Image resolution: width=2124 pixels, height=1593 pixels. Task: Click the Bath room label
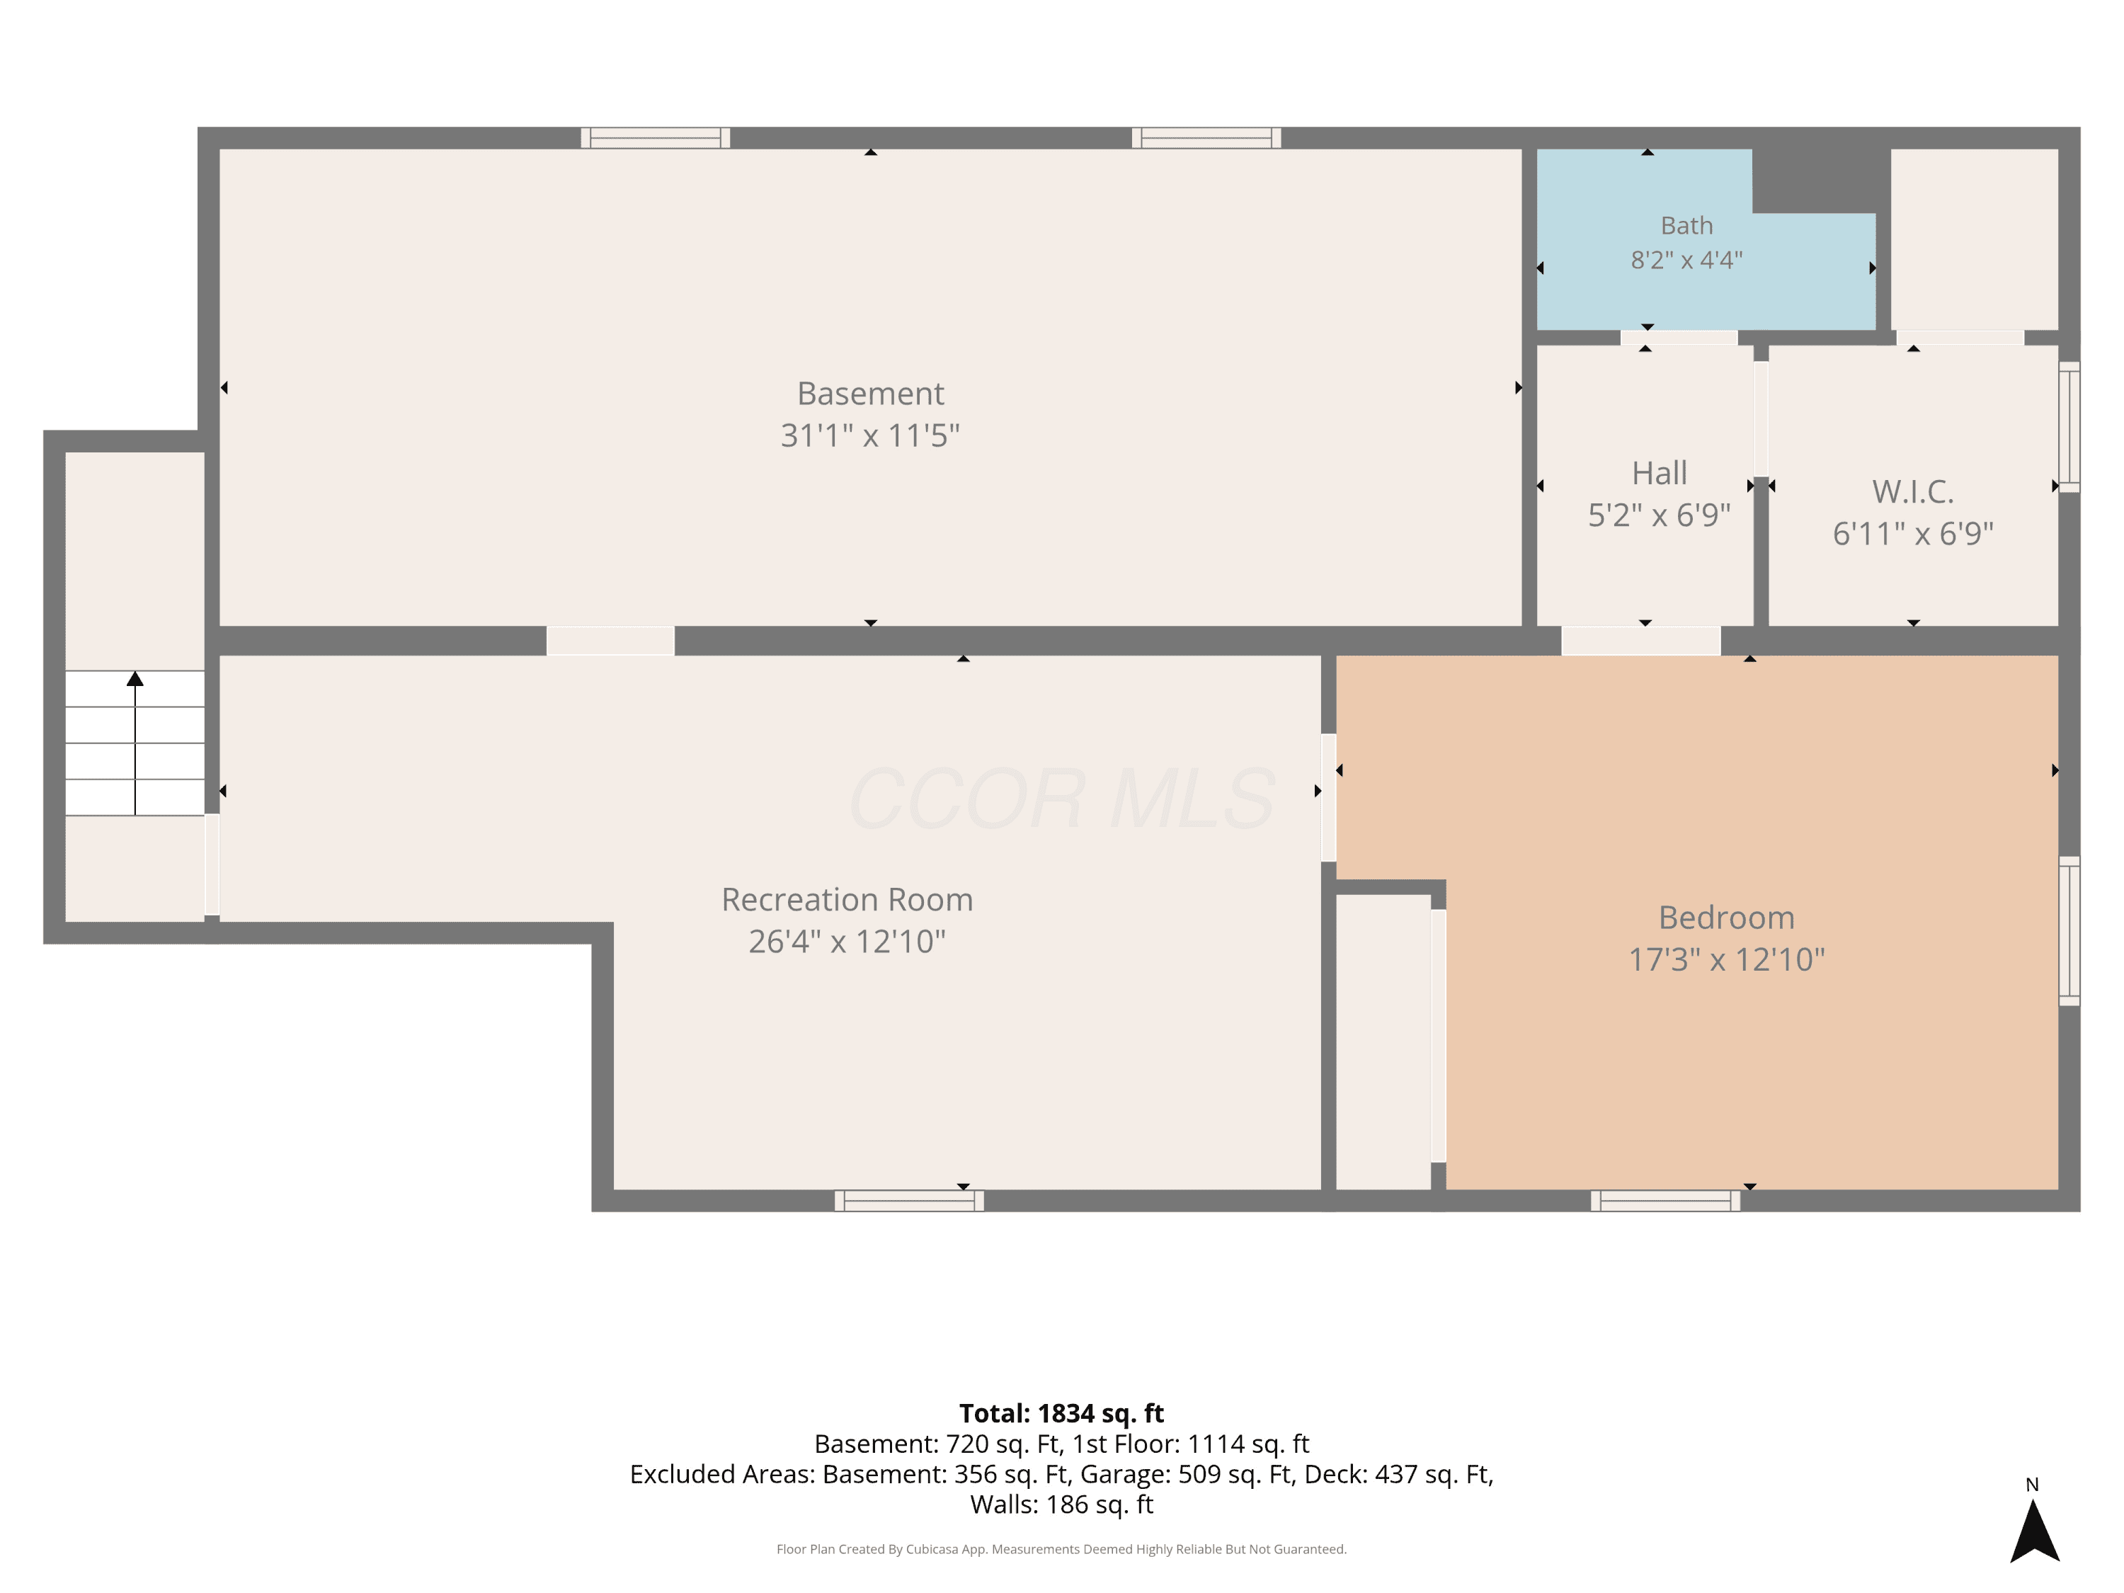[1686, 226]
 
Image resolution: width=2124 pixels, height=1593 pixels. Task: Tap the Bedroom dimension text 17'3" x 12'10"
[1727, 959]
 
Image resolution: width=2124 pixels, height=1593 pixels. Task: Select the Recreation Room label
[847, 900]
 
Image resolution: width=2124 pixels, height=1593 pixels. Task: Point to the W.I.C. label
[1913, 491]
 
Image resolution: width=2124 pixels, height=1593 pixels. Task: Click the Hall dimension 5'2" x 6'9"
[1660, 515]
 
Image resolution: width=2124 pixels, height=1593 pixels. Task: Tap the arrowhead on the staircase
[135, 679]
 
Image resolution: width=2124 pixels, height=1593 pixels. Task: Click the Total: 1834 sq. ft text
[1061, 1413]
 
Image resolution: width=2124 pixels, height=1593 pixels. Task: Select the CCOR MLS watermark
[1062, 798]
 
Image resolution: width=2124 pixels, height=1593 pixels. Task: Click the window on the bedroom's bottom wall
[1665, 1200]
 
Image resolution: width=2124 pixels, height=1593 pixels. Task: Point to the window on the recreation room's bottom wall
[909, 1200]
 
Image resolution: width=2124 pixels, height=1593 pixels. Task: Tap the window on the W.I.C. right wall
[2069, 428]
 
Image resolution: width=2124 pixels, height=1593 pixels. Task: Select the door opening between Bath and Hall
[1679, 337]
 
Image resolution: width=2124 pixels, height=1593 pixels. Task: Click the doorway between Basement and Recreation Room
[611, 641]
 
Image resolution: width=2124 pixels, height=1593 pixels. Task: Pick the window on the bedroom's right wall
[2069, 930]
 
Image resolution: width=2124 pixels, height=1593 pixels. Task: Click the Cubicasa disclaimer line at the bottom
[1061, 1549]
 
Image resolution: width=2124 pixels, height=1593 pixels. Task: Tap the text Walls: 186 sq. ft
[1061, 1504]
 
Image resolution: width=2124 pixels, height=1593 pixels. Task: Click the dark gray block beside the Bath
[1820, 181]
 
